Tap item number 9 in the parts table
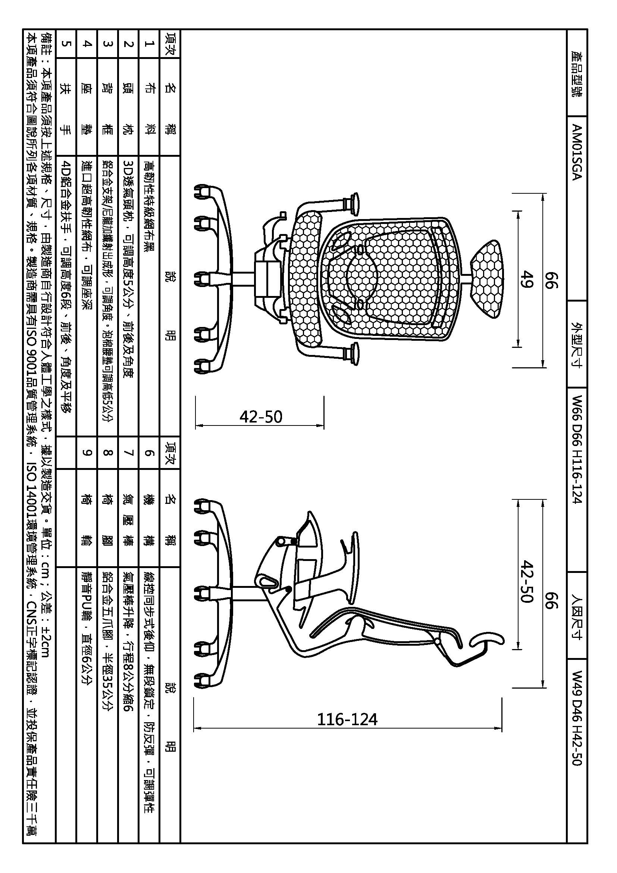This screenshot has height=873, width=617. tap(87, 452)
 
